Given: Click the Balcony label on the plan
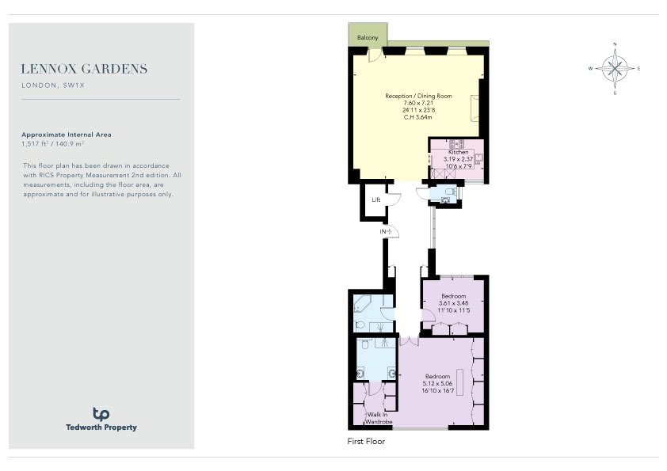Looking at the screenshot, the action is point(368,37).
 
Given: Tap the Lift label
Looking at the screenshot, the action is point(376,199).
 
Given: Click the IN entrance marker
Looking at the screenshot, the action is point(386,232).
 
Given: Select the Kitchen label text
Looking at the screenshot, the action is point(458,152).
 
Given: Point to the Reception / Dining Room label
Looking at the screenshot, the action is point(418,96).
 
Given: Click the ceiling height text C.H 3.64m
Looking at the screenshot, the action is point(417,117).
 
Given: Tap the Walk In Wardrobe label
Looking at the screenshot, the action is point(379,418).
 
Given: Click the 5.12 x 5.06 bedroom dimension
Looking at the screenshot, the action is point(438,383).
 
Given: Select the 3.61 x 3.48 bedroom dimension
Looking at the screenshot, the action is point(453,303).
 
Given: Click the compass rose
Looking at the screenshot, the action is point(615,68).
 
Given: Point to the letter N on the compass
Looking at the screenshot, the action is point(615,44).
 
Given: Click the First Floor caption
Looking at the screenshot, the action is point(366,441).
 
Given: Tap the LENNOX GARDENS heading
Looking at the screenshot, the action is point(85,69).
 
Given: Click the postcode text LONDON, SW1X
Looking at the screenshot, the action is point(53,85).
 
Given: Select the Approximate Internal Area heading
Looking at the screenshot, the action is point(67,135).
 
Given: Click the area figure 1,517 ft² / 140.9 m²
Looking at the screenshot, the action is point(53,144).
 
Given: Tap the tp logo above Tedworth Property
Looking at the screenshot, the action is point(101,414).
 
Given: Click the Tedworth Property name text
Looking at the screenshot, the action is point(101,427).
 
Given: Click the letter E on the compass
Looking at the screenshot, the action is point(638,68).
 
